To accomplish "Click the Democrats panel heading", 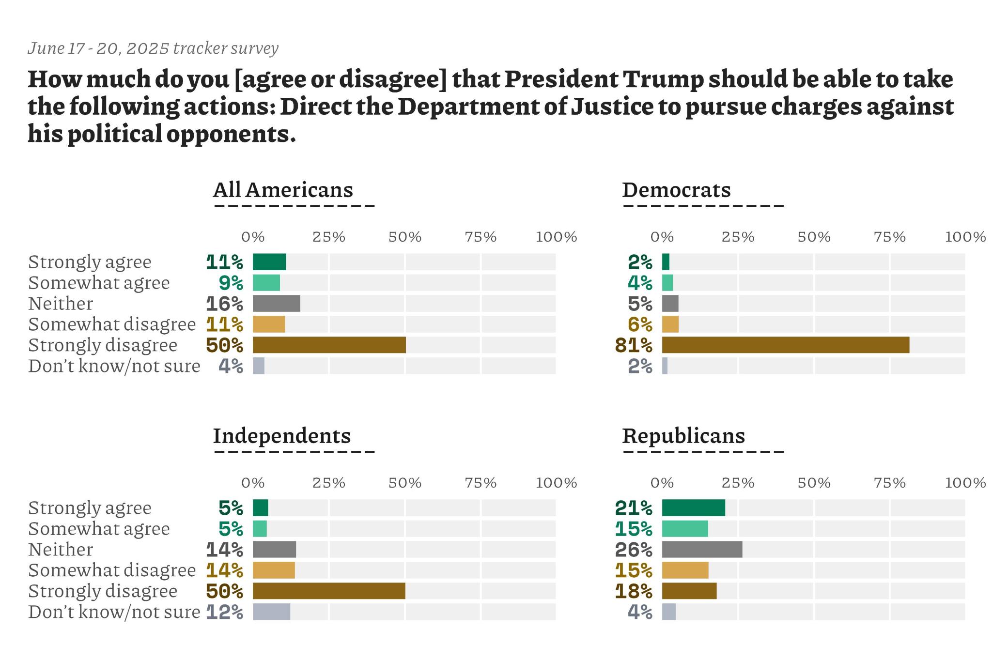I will point(676,190).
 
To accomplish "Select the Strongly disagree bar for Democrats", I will point(785,345).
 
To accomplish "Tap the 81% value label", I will point(634,345).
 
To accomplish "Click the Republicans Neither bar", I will point(702,549).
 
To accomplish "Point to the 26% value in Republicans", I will point(634,550).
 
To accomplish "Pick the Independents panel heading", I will point(281,436).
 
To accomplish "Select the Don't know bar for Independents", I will point(271,612).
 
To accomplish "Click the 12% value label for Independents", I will point(225,612).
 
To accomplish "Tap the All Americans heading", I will point(283,190).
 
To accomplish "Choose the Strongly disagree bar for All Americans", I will point(329,345).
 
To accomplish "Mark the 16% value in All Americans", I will point(225,304).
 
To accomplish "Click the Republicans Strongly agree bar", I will point(693,507).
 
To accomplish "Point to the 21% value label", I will point(634,508).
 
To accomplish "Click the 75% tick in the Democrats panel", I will point(890,237).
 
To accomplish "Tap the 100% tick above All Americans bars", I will point(557,237).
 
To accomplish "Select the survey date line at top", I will point(153,48).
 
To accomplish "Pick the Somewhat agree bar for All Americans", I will point(266,283).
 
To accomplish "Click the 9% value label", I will point(231,283).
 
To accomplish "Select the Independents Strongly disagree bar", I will point(329,591).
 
